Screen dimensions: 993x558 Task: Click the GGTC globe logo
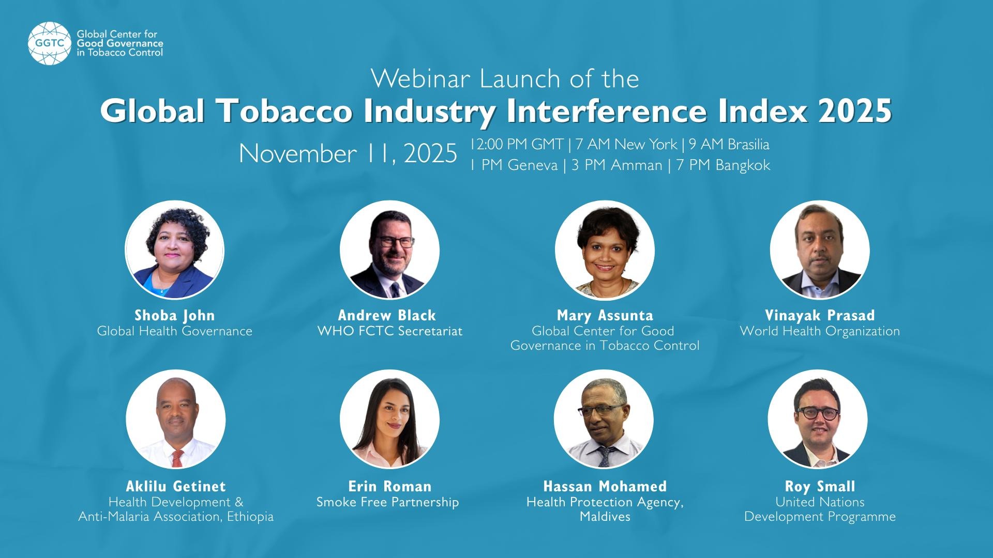point(50,43)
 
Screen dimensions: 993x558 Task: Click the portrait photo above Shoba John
point(175,250)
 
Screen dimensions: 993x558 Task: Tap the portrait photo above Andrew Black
point(389,250)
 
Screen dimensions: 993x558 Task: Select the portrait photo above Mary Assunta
point(605,250)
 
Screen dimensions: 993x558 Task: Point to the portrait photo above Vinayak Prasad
point(820,250)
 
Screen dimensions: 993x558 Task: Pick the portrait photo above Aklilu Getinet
point(176,419)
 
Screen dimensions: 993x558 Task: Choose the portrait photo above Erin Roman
point(389,419)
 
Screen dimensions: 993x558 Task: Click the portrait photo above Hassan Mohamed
point(604,419)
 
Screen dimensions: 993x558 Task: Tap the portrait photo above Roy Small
point(818,419)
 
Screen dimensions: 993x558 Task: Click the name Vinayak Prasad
point(820,315)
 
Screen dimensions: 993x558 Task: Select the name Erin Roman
point(389,486)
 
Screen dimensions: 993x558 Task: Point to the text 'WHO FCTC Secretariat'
point(389,331)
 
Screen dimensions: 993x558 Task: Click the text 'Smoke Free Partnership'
point(388,502)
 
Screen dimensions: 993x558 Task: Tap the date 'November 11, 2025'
point(348,153)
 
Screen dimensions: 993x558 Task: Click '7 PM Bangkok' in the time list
point(723,165)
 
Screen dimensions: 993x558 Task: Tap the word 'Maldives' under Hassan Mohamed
point(605,517)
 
